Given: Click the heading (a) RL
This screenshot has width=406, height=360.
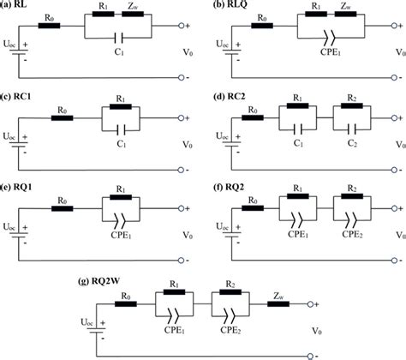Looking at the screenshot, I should [19, 5].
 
